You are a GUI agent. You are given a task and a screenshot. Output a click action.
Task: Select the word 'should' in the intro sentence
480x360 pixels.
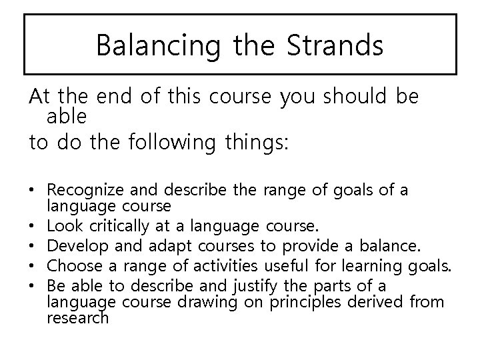pos(355,97)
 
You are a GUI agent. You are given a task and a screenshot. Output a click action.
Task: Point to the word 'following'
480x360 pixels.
pos(169,143)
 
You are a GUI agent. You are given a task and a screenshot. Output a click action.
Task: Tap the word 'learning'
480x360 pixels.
pos(353,267)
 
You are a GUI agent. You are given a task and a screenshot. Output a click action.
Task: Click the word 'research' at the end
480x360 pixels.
pos(77,318)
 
